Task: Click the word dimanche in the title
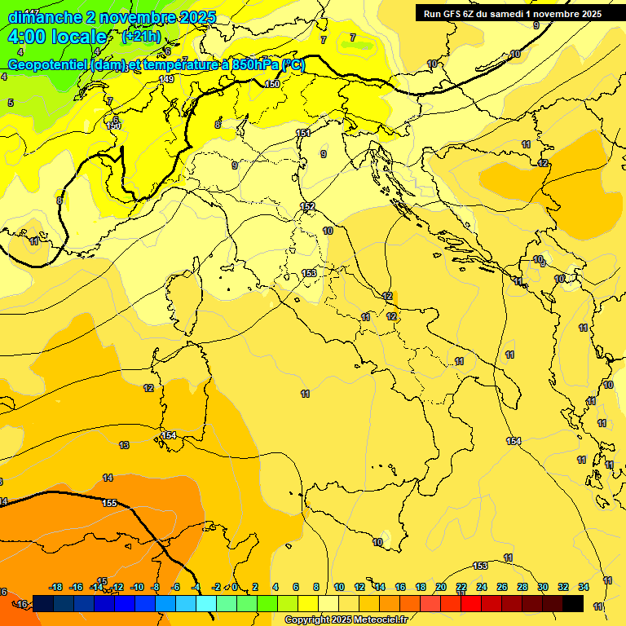coord(44,17)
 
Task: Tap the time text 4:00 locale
coord(57,37)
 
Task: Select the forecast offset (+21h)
coord(141,37)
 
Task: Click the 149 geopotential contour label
coord(167,79)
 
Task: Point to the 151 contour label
coord(303,133)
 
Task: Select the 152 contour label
coord(307,206)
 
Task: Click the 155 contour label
coord(110,503)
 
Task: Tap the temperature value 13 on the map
coord(124,445)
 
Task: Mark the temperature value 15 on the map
coord(102,581)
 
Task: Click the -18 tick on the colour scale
coord(56,587)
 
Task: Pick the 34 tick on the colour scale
coord(584,587)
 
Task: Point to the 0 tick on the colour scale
coord(235,587)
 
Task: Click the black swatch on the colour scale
coord(573,603)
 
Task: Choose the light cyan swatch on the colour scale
coord(206,603)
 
